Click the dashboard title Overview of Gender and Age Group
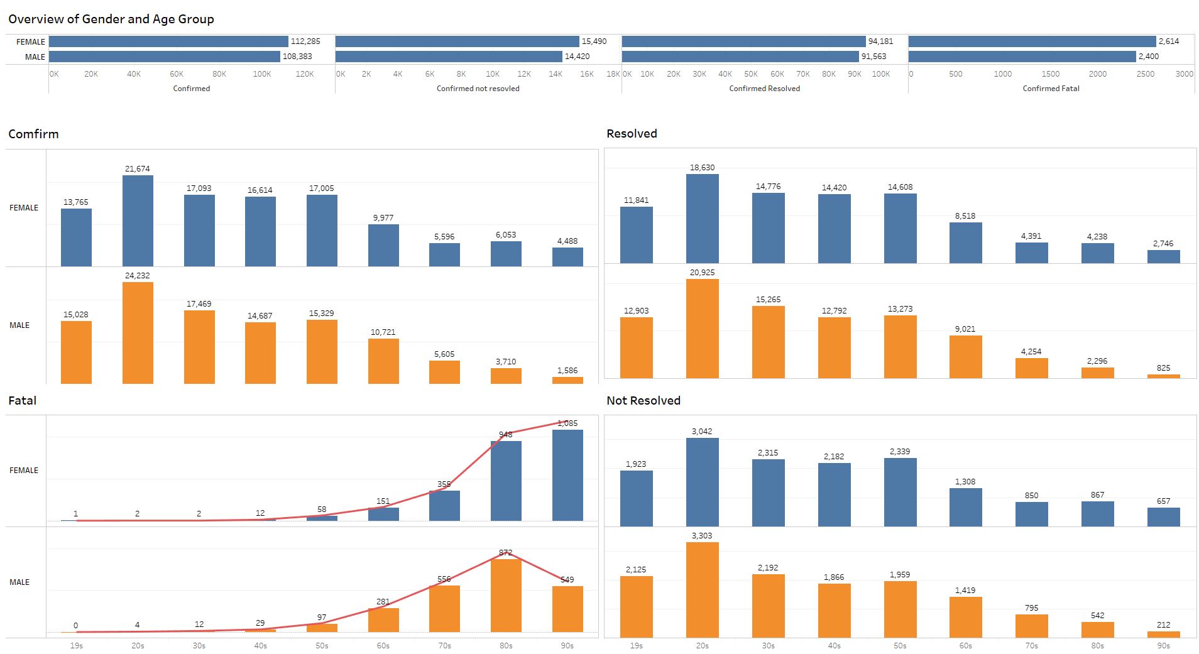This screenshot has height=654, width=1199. point(111,19)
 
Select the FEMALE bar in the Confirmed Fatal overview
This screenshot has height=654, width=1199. point(1032,41)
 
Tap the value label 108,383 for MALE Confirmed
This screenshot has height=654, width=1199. point(297,57)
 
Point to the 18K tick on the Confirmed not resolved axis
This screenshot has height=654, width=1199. point(613,74)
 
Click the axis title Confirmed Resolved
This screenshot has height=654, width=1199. point(764,89)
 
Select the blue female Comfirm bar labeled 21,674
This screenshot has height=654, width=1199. point(138,221)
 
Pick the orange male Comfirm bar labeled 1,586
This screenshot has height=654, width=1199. point(567,380)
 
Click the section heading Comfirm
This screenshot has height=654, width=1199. point(33,134)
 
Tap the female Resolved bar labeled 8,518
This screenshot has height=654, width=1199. point(965,243)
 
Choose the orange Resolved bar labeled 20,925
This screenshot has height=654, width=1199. point(702,329)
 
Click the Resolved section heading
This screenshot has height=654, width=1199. point(632,134)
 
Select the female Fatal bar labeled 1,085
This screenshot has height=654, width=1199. point(567,475)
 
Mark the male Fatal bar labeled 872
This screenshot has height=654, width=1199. point(506,596)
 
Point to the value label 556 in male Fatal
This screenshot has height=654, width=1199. point(444,579)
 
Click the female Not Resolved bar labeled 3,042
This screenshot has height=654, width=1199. point(702,482)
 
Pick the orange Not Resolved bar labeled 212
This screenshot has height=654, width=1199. point(1163,635)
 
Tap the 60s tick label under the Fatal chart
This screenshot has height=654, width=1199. point(383,646)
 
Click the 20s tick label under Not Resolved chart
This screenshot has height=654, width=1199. point(702,646)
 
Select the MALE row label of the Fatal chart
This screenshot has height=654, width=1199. point(19,582)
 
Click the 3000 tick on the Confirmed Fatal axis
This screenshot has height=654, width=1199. point(1184,74)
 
